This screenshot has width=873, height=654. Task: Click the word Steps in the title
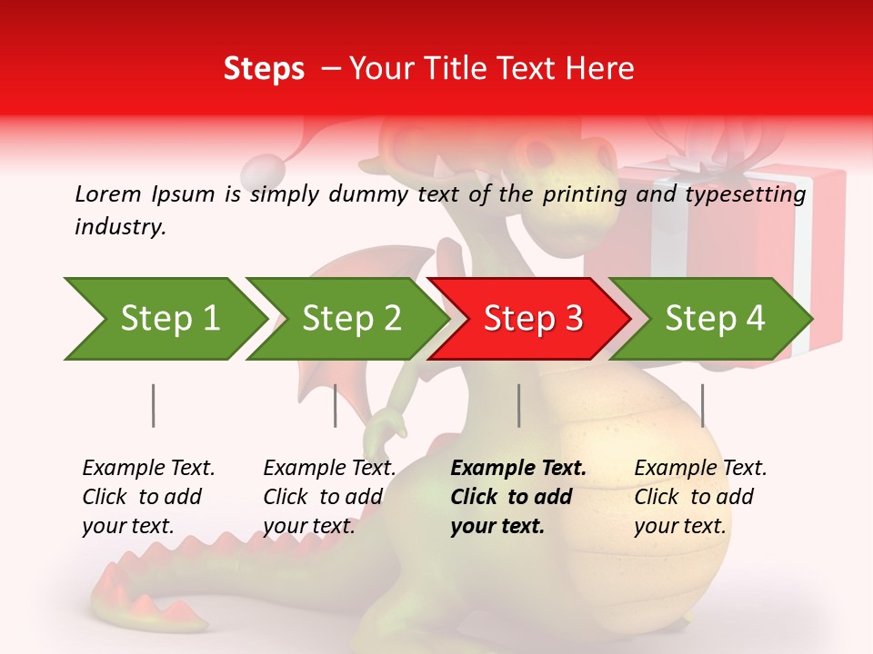(264, 69)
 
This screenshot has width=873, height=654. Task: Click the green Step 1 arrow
(164, 319)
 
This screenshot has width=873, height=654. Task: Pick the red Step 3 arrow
(529, 319)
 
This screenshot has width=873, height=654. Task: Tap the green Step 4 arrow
(711, 319)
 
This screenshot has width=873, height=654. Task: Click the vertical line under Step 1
(154, 405)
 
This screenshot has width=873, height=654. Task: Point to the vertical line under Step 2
(336, 405)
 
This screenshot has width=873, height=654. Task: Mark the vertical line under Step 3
(519, 405)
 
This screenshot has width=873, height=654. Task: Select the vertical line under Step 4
(703, 405)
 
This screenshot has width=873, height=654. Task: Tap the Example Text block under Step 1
(148, 496)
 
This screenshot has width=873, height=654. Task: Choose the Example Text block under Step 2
(329, 496)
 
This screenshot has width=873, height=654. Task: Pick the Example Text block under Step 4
(700, 496)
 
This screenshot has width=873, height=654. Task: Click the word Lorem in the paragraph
(108, 193)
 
